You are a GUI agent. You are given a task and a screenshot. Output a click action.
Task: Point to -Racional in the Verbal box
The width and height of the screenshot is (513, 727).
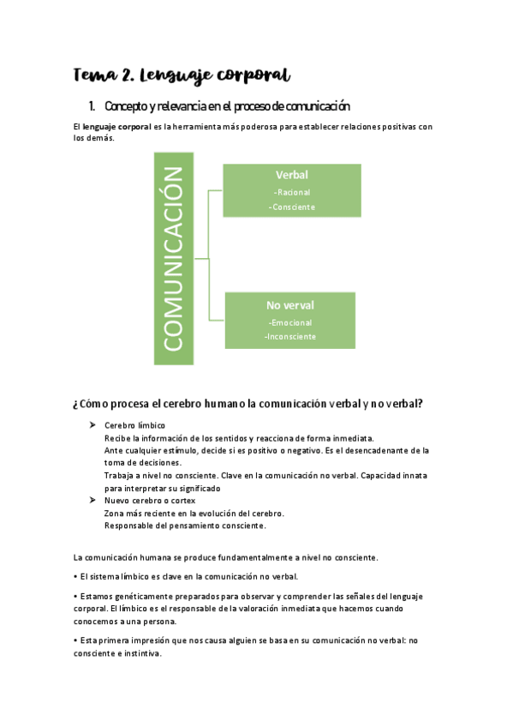pyautogui.click(x=291, y=192)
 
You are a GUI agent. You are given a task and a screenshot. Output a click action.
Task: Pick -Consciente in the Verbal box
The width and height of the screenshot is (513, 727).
pyautogui.click(x=291, y=207)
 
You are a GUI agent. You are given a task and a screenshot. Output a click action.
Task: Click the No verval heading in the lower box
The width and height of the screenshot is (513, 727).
pyautogui.click(x=289, y=304)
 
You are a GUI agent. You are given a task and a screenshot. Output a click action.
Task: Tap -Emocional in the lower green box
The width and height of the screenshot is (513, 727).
pyautogui.click(x=289, y=322)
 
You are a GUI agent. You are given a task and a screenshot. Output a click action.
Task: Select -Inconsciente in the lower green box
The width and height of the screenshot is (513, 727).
pyautogui.click(x=289, y=336)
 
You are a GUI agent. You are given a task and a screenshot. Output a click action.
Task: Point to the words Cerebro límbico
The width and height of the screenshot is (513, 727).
pyautogui.click(x=134, y=425)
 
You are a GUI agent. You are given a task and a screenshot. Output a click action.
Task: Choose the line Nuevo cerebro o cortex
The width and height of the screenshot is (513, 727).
pyautogui.click(x=150, y=500)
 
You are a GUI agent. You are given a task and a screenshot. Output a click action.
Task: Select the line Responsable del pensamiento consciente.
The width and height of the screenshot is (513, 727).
pyautogui.click(x=185, y=525)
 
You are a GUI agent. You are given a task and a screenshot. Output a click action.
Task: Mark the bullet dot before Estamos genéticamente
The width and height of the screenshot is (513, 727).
pyautogui.click(x=76, y=596)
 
